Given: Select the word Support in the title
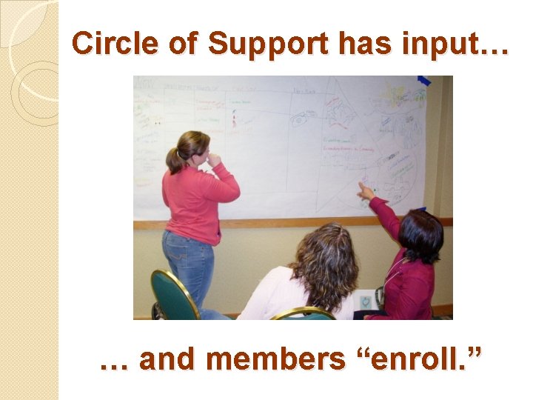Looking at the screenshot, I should pos(269,44).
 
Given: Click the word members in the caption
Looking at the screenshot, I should pos(275,359).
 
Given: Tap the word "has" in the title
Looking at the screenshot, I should pos(361,44).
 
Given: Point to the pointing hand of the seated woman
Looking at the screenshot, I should pos(364,191).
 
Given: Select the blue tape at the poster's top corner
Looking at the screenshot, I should pos(424,81).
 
